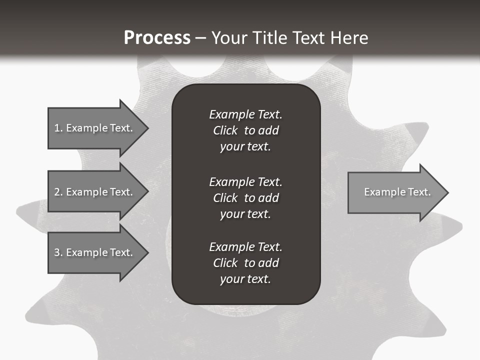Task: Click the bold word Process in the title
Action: [157, 38]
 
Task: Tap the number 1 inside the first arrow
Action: [57, 128]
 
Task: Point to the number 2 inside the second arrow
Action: [57, 192]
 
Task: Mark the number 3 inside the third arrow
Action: [57, 252]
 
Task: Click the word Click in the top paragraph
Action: [225, 130]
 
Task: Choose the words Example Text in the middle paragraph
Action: [245, 181]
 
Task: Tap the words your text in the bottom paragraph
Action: [245, 279]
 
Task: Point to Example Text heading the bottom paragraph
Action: [245, 247]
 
